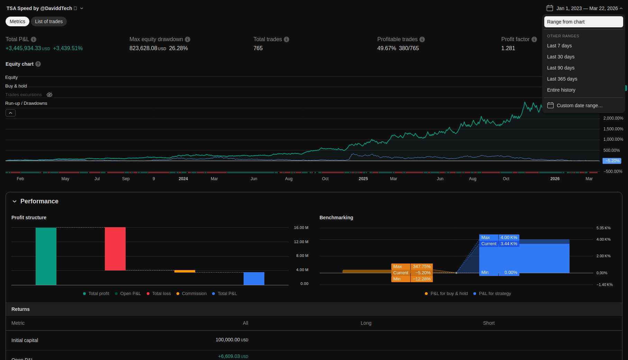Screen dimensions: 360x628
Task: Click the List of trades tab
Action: (49, 21)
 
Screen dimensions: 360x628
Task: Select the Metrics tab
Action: (17, 21)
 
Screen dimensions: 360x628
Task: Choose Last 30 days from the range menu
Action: (561, 57)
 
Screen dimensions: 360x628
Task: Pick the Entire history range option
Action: (561, 90)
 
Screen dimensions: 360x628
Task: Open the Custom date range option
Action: (579, 105)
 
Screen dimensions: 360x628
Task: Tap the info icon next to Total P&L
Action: (34, 39)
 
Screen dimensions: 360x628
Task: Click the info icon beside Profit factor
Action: (534, 39)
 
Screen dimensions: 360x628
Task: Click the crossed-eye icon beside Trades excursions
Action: (49, 95)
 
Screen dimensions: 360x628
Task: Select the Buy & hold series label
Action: (16, 86)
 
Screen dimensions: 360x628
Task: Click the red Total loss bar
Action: (115, 249)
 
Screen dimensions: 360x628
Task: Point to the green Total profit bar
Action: (46, 256)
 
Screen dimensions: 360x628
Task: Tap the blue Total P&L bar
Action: (254, 278)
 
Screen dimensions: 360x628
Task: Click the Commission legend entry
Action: (194, 294)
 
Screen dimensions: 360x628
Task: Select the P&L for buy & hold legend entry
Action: (449, 294)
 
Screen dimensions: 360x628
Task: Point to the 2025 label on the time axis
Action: (363, 179)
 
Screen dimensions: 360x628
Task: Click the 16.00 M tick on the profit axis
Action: (301, 228)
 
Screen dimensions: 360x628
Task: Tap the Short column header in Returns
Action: (489, 323)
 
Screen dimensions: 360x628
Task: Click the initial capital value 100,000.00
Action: (228, 340)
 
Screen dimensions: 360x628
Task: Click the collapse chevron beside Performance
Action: (15, 201)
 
